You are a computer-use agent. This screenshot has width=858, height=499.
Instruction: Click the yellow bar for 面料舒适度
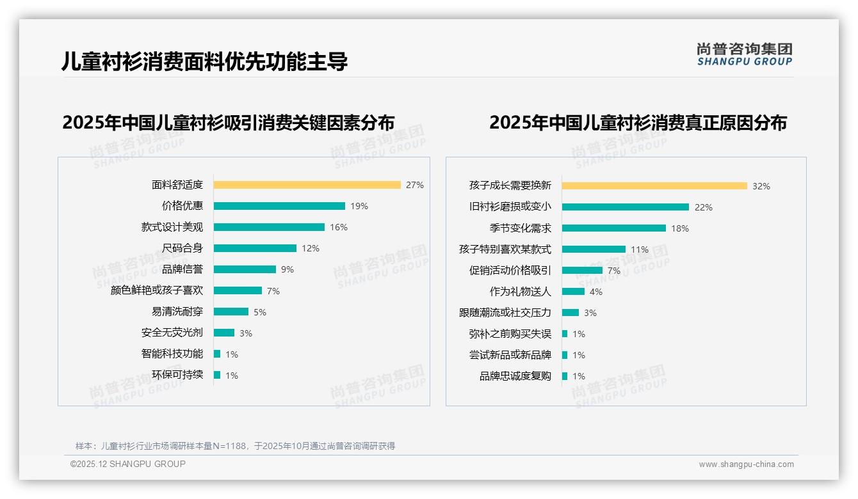pos(307,185)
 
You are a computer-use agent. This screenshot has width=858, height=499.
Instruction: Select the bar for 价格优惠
pos(279,206)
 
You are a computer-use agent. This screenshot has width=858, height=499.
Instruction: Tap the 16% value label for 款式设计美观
pos(339,227)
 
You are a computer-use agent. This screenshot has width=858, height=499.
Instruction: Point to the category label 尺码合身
pos(182,248)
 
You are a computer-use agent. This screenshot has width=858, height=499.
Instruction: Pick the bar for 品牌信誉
pos(245,269)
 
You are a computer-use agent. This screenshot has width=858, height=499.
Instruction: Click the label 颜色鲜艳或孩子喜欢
pos(157,290)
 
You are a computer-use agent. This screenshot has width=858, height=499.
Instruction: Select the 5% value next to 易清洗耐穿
pos(260,312)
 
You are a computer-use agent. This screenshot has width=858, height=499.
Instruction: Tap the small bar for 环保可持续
pos(217,375)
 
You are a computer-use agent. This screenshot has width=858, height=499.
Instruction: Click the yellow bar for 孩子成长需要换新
pos(654,186)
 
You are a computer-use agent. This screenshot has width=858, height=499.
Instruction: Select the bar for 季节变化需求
pos(613,228)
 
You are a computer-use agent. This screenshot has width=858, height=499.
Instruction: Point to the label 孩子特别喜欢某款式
pos(505,249)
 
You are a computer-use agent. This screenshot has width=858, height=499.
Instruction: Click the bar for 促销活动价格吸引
pos(582,271)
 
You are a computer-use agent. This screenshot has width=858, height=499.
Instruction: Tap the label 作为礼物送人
pos(521,292)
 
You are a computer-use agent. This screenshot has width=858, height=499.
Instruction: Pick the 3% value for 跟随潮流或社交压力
pos(590,313)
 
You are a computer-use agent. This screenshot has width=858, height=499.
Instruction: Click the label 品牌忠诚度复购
pos(515,376)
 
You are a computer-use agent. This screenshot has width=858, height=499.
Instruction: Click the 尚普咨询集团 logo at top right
pos(744,54)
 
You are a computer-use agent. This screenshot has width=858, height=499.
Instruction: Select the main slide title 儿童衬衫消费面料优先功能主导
pos(205,61)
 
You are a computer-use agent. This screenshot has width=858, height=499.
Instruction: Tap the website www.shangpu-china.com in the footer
pos(746,464)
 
